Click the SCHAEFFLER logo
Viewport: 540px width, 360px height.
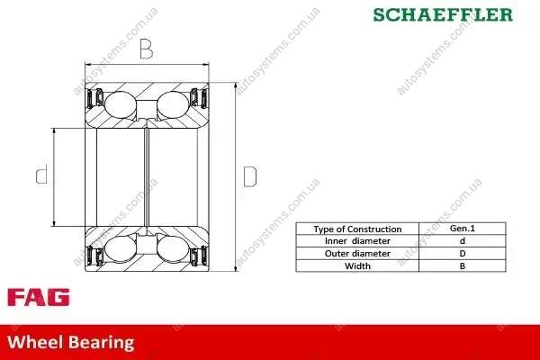(x=443, y=14)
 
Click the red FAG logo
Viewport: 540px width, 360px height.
(x=39, y=297)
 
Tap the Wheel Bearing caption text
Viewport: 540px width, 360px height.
(x=70, y=342)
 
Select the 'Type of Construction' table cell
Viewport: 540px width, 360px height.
(x=357, y=229)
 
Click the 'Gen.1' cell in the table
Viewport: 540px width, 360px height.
(x=463, y=229)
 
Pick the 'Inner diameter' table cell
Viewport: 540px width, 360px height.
(x=357, y=241)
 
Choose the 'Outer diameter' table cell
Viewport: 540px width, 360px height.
(x=357, y=254)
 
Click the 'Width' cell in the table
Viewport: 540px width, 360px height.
(x=357, y=266)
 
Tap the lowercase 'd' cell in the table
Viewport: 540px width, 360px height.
(x=463, y=241)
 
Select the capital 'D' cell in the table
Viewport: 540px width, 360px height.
(x=463, y=254)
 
